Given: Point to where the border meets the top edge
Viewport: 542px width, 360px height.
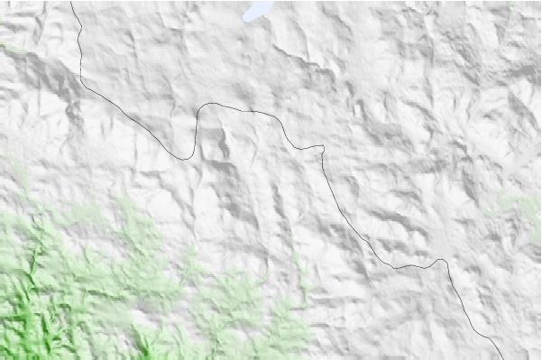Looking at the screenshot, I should [x=71, y=1].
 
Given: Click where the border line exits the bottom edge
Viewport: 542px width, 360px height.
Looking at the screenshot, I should [x=501, y=358].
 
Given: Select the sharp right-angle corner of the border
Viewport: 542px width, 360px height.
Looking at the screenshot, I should [x=322, y=146].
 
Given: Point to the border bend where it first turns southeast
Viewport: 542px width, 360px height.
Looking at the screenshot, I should [x=84, y=81].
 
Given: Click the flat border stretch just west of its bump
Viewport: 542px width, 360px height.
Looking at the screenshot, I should [x=410, y=266].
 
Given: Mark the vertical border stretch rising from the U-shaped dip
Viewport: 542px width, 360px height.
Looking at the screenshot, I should [x=197, y=131].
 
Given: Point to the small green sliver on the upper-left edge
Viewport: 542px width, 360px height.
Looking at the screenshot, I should [x=9, y=45].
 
